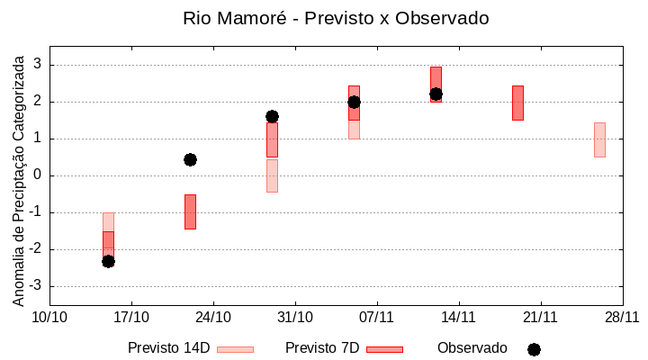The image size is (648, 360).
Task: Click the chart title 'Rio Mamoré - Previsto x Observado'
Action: (x=336, y=18)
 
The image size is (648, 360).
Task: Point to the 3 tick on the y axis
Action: (x=38, y=65)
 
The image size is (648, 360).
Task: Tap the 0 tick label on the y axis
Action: (x=38, y=175)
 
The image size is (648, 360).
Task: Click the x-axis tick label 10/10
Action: (x=49, y=317)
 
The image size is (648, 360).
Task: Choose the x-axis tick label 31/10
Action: (x=294, y=317)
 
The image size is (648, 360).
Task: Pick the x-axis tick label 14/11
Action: (x=458, y=317)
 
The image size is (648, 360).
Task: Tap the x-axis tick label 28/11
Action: (x=622, y=317)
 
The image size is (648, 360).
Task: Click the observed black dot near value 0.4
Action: (x=190, y=159)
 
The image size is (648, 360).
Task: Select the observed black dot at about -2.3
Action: (x=108, y=261)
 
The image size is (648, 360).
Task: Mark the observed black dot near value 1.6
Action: (x=272, y=116)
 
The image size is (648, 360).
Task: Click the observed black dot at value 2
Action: (x=354, y=102)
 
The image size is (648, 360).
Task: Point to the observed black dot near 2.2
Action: (x=436, y=94)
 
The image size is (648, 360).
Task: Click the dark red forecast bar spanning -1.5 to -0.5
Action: (x=190, y=211)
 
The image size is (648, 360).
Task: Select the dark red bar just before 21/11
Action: (x=517, y=103)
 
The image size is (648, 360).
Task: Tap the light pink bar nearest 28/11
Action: (x=599, y=139)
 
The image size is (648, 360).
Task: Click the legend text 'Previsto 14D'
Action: (x=168, y=348)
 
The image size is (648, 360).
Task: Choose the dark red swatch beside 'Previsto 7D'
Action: (x=384, y=349)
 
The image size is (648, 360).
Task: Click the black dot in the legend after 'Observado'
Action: (x=534, y=349)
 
